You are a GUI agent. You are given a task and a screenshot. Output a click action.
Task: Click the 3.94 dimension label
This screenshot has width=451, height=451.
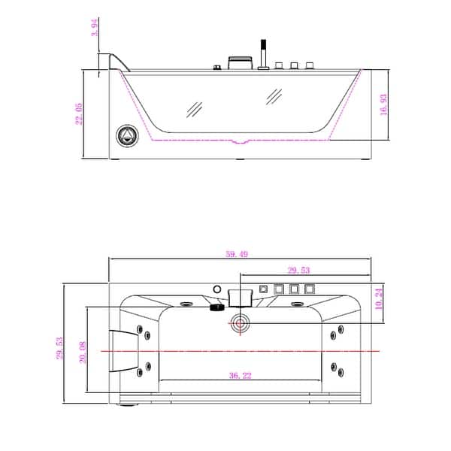[x=95, y=28]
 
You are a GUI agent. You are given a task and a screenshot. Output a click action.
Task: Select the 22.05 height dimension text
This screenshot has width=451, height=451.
[x=80, y=115]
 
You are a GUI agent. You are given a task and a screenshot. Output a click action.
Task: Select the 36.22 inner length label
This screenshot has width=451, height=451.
[x=240, y=374]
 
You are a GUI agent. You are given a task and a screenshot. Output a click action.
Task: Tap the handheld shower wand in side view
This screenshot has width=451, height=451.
[x=264, y=53]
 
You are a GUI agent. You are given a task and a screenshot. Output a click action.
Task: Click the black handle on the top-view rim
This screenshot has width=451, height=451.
[x=216, y=306]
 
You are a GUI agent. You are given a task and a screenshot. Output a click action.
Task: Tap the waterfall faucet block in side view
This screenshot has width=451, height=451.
[x=240, y=63]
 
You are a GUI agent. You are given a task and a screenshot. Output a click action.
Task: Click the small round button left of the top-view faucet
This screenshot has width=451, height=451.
[x=216, y=289]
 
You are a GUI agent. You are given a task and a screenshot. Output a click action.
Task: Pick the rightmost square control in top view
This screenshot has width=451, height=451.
[x=308, y=289]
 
